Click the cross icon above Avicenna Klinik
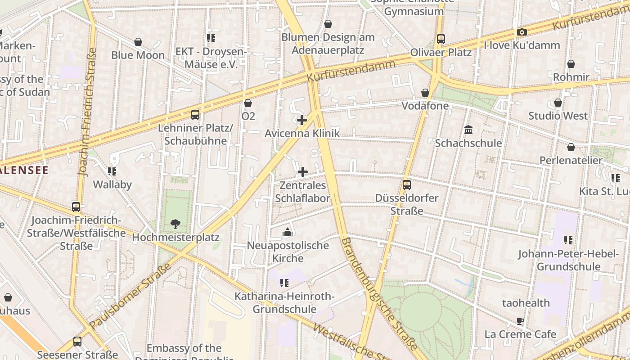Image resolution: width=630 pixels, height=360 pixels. pyautogui.click(x=302, y=120)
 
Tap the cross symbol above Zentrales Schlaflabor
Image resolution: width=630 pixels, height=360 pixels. pyautogui.click(x=303, y=172)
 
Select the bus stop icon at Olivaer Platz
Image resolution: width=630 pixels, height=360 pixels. pyautogui.click(x=441, y=39)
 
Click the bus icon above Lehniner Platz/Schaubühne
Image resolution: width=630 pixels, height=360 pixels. pyautogui.click(x=195, y=115)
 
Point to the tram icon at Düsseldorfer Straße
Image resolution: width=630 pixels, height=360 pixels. pyautogui.click(x=406, y=184)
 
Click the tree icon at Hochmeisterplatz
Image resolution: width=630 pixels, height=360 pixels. pyautogui.click(x=175, y=224)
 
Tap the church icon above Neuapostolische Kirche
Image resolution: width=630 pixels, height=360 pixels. pyautogui.click(x=288, y=232)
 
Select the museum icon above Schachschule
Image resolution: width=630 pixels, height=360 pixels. pyautogui.click(x=468, y=130)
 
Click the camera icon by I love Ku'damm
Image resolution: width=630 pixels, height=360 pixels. pyautogui.click(x=522, y=32)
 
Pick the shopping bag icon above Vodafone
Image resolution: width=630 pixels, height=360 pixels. pyautogui.click(x=425, y=93)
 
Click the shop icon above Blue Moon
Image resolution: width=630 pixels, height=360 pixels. pyautogui.click(x=138, y=42)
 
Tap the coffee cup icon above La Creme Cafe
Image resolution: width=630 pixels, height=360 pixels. pyautogui.click(x=520, y=321)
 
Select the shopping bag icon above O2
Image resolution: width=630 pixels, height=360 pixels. pyautogui.click(x=248, y=103)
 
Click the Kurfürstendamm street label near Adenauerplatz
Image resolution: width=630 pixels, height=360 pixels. pyautogui.click(x=351, y=71)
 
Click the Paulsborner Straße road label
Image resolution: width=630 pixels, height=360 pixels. pyautogui.click(x=130, y=296)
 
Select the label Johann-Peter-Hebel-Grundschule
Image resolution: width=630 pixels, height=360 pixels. pyautogui.click(x=568, y=260)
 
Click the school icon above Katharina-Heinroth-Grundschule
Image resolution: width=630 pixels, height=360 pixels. pyautogui.click(x=284, y=283)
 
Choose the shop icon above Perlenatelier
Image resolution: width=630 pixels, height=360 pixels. pyautogui.click(x=571, y=147)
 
